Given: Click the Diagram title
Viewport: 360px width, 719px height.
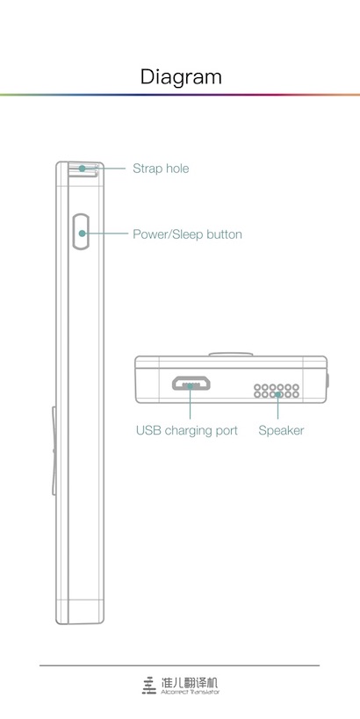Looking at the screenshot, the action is pos(181,77).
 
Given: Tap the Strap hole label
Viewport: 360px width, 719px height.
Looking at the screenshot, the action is pos(161,169).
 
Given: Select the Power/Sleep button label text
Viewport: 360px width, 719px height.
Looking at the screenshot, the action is pos(187,234).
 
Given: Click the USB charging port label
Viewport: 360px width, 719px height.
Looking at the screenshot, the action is pos(187,430).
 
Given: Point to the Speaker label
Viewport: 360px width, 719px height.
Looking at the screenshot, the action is pos(281,430).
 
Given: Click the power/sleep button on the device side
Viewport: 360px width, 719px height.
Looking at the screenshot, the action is pos(82,232).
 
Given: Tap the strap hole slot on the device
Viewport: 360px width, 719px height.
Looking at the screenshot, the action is pos(83,169).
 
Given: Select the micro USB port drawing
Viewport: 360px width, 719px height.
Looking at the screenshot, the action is pos(191,384).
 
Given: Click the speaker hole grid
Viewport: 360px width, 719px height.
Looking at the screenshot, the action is pos(277,391).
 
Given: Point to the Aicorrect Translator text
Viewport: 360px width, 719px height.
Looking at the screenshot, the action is pos(190,692).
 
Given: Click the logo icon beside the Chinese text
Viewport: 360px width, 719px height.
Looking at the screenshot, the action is pos(148,685).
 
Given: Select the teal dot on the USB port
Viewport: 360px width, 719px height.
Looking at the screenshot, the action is pos(191,386).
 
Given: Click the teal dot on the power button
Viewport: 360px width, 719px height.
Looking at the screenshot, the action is pos(82,234).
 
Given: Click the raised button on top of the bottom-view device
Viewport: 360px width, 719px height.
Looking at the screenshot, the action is pos(231,355).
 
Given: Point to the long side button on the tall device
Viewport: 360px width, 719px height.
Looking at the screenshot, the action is pos(54,450).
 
